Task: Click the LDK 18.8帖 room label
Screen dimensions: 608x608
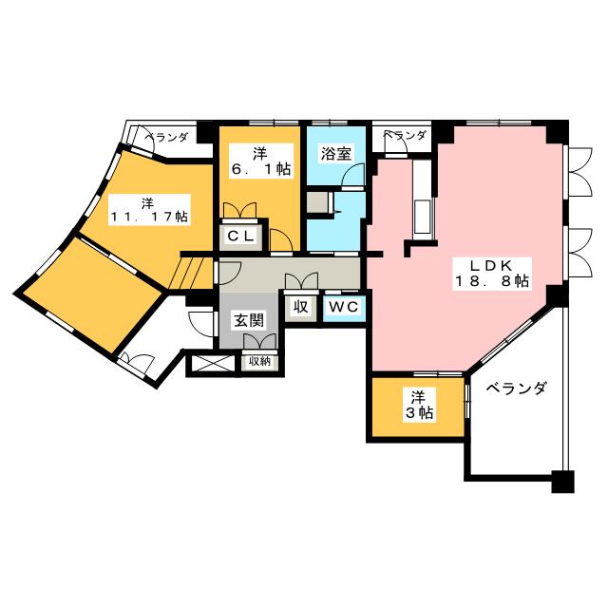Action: (x=492, y=274)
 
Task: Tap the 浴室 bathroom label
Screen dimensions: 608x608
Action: (x=335, y=154)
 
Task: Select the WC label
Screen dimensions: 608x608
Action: (x=344, y=307)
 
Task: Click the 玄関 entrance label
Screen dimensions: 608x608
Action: (x=249, y=321)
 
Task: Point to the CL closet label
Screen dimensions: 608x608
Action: (x=240, y=236)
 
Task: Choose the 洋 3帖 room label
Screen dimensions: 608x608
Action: (x=419, y=406)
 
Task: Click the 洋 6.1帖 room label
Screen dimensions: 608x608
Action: (x=260, y=161)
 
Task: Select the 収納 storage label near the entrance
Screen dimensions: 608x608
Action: (x=259, y=361)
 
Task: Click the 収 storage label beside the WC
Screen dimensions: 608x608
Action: (x=300, y=307)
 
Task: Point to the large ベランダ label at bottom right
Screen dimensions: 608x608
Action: (x=517, y=388)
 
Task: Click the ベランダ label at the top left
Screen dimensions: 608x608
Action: (x=166, y=137)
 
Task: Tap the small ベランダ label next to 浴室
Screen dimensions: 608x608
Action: (x=405, y=135)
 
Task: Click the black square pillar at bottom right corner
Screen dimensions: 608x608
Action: (x=562, y=482)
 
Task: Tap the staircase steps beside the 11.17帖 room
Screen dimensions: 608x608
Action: (x=191, y=274)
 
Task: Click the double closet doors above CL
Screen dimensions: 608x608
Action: (x=240, y=210)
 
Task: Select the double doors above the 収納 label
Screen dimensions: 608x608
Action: (x=259, y=342)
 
